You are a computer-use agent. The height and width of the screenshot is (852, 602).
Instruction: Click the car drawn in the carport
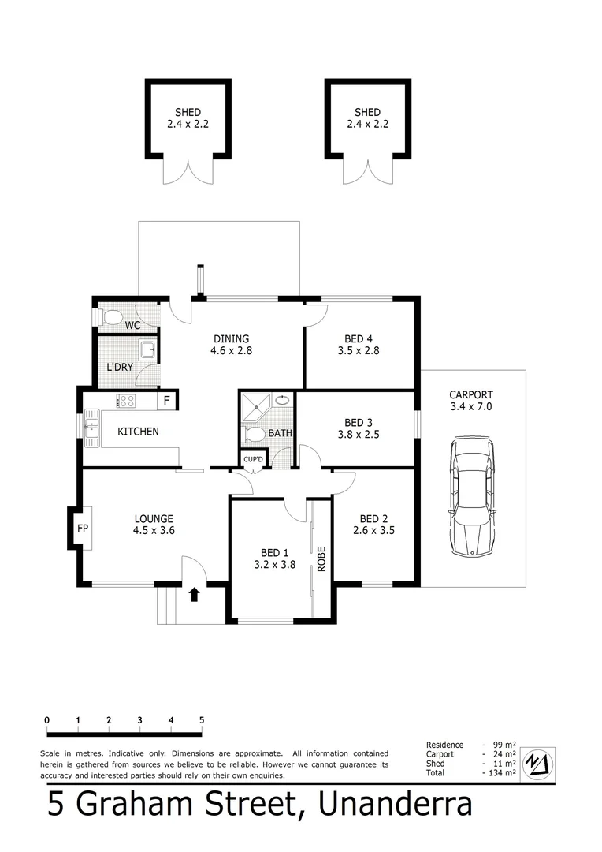pos(473,498)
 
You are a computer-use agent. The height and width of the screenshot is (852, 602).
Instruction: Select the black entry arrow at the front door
pos(194,593)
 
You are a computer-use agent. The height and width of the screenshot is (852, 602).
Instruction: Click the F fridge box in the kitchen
pos(166,401)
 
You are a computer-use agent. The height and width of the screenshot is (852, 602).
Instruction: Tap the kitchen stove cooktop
pos(126,401)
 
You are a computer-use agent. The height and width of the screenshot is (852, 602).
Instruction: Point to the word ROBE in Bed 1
pos(321,559)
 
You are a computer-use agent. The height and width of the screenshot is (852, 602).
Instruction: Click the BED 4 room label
pos(358,338)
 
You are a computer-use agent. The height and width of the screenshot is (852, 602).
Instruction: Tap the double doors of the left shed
pos(188,172)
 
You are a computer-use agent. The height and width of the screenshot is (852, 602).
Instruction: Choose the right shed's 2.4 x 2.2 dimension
pos(367,124)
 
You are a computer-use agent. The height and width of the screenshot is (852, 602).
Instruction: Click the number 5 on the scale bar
pos(202,720)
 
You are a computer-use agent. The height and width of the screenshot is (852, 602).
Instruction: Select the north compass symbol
pos(538,762)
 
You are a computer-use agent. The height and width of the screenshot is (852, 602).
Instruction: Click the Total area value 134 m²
pos(501,773)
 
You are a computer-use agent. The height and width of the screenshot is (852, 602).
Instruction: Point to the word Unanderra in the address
pos(396,805)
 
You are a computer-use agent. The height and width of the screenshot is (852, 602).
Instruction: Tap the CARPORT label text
pos(470,394)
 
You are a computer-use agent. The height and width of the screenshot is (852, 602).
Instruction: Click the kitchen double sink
pos(92,427)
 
